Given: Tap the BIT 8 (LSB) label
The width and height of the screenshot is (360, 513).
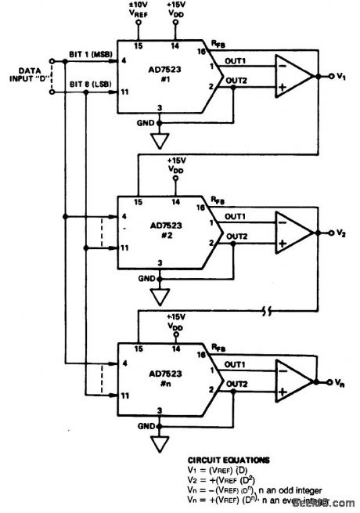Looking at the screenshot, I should [x=91, y=84].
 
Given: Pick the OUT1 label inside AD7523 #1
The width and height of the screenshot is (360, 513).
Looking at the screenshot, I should [x=235, y=63].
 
